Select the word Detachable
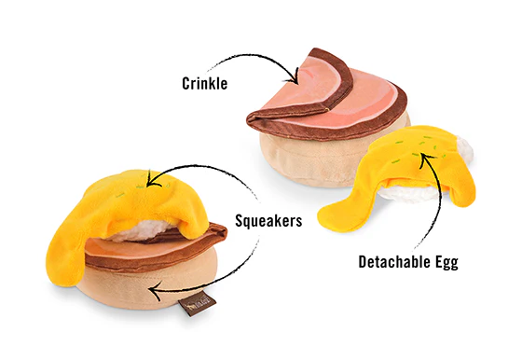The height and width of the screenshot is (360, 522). point(386,262)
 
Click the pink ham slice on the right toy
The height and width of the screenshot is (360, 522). point(317,98)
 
